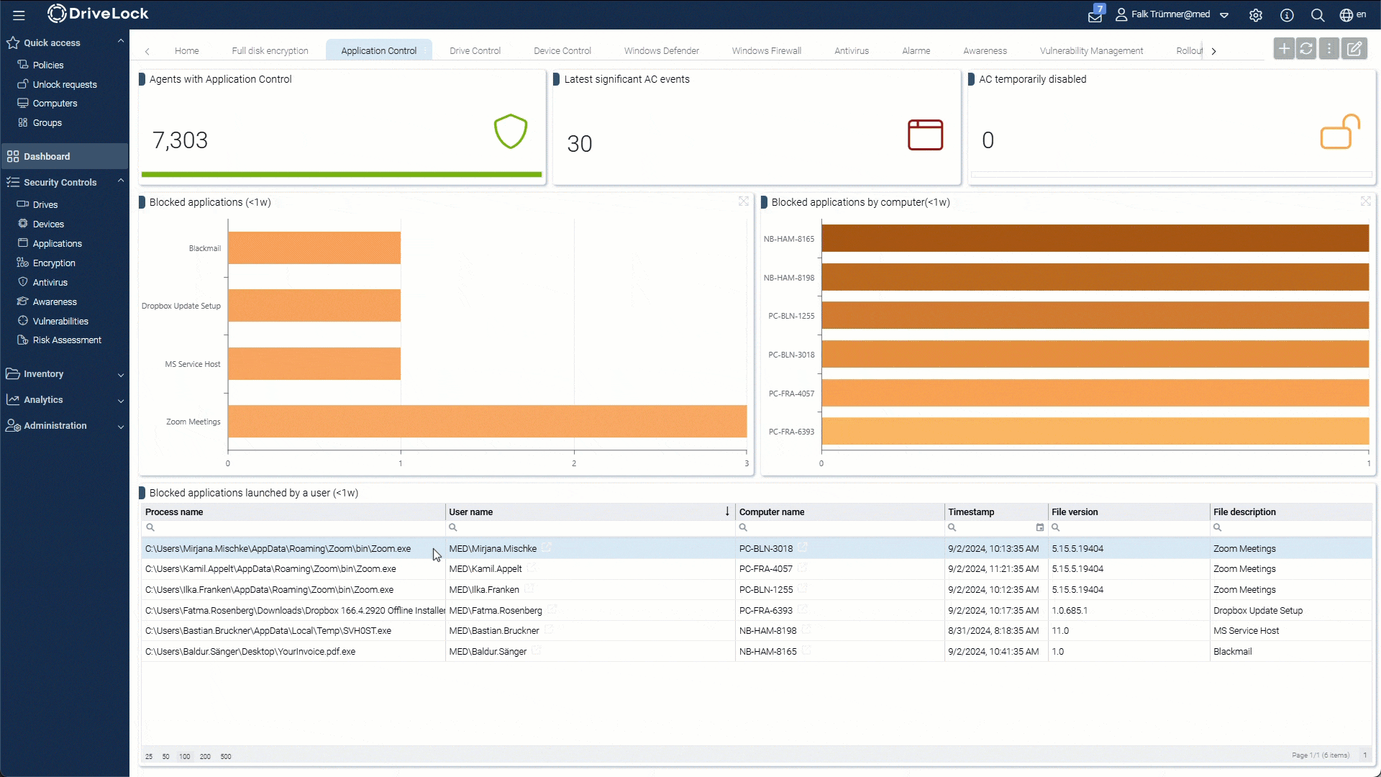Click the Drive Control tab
pyautogui.click(x=475, y=51)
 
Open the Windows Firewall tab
pyautogui.click(x=766, y=51)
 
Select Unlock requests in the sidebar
pyautogui.click(x=64, y=84)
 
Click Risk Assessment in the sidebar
pyautogui.click(x=67, y=340)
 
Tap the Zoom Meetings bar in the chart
pyautogui.click(x=487, y=422)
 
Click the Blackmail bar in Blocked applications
pyautogui.click(x=314, y=248)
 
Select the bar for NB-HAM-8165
pyautogui.click(x=1095, y=239)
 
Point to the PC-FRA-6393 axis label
pyautogui.click(x=791, y=432)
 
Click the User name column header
pyautogui.click(x=471, y=512)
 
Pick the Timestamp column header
pyautogui.click(x=971, y=512)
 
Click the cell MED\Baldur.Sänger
pyautogui.click(x=488, y=652)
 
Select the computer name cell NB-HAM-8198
pyautogui.click(x=767, y=631)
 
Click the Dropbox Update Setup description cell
pyautogui.click(x=1257, y=611)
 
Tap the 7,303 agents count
pyautogui.click(x=180, y=140)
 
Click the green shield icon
pyautogui.click(x=511, y=132)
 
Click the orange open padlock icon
pyautogui.click(x=1339, y=132)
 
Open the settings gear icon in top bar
pyautogui.click(x=1256, y=15)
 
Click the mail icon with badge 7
pyautogui.click(x=1095, y=16)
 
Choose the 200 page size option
pyautogui.click(x=205, y=757)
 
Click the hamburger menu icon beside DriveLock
pyautogui.click(x=19, y=14)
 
